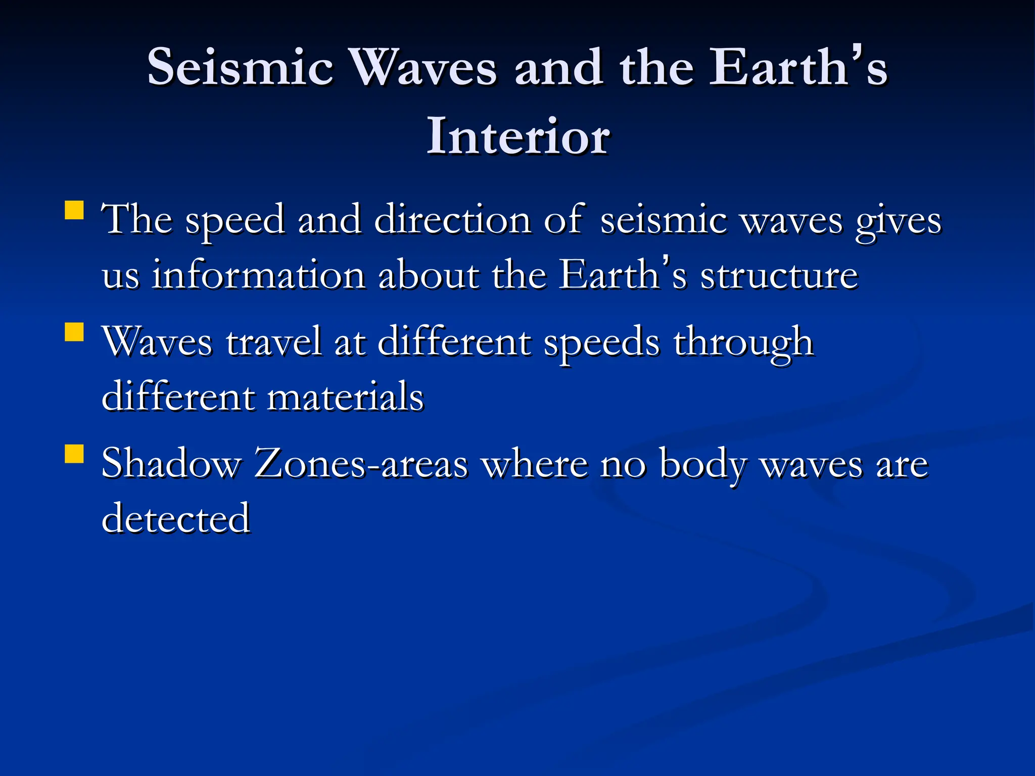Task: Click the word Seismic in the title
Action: click(240, 67)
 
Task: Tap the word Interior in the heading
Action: click(518, 136)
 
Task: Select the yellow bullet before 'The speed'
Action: click(74, 210)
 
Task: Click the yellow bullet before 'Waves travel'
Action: click(74, 332)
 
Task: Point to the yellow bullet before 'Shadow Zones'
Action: click(74, 454)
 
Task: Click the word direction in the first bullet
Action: click(452, 220)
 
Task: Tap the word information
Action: click(259, 275)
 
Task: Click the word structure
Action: click(779, 275)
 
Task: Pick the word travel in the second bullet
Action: click(273, 342)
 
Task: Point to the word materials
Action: click(345, 397)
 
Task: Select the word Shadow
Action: click(171, 463)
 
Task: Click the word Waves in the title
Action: click(424, 67)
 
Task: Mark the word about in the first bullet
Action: click(429, 275)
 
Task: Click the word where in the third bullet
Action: click(534, 463)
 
